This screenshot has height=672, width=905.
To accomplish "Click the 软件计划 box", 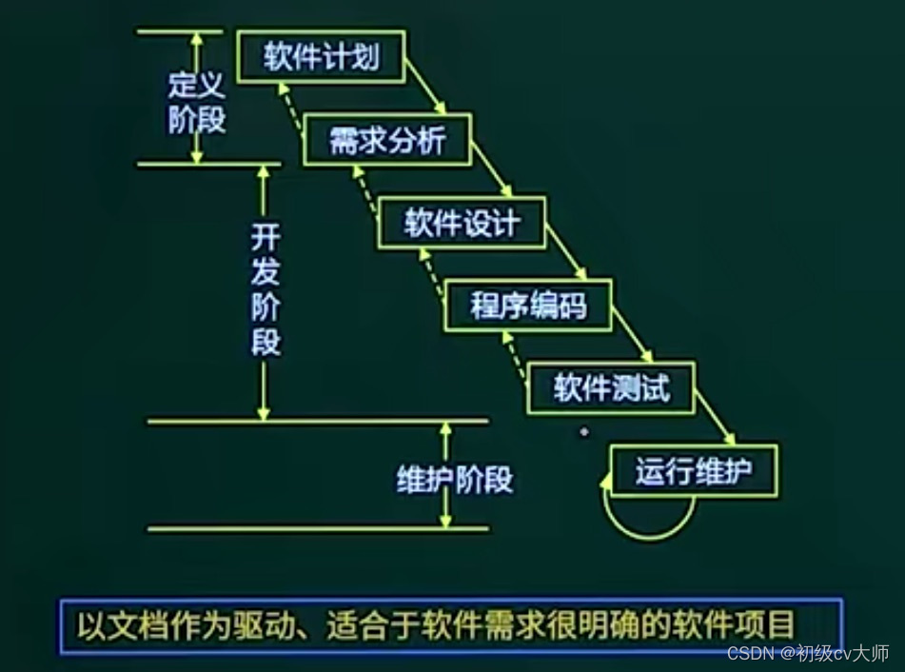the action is pos(321,57).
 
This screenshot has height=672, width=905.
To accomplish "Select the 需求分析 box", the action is pos(387,141).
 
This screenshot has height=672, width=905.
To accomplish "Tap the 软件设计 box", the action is pos(462,223).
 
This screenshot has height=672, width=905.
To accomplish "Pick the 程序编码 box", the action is pos(528,306).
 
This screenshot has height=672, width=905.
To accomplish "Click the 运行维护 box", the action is pos(694,470).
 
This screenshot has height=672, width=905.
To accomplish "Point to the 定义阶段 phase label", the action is pos(197,105).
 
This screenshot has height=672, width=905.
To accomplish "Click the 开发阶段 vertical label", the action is pos(266,290).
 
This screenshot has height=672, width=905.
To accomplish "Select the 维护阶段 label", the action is pos(454,478).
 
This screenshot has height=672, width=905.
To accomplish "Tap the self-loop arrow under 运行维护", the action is pos(647,514).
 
